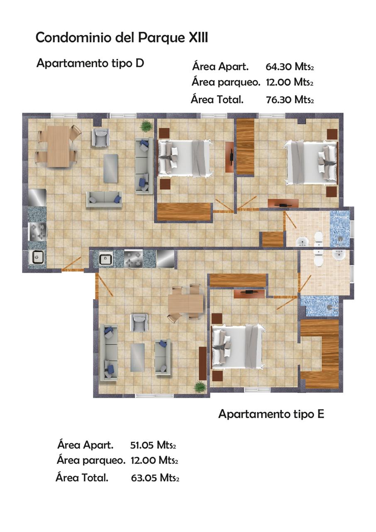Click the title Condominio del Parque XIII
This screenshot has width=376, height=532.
(122, 38)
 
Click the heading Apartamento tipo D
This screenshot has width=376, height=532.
(90, 64)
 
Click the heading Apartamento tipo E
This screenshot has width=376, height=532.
(271, 414)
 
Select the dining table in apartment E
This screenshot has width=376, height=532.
(186, 303)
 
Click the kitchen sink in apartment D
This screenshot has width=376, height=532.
(36, 257)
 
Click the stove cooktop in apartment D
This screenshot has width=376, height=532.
(37, 232)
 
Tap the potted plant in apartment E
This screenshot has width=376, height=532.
(200, 387)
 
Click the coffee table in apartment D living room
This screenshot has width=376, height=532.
(110, 168)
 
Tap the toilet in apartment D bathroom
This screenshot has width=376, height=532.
(318, 239)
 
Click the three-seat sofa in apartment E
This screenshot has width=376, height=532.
(109, 353)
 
